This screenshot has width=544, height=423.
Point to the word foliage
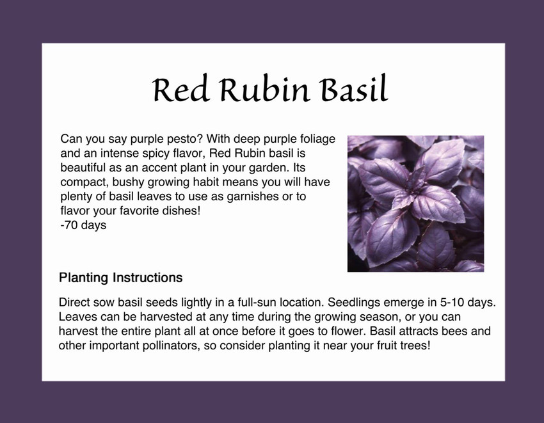(x=317, y=139)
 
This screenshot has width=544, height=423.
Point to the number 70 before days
(x=70, y=225)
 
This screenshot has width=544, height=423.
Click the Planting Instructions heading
(x=121, y=278)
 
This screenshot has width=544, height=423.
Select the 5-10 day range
(x=452, y=302)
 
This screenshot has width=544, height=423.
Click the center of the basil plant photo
(x=415, y=204)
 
